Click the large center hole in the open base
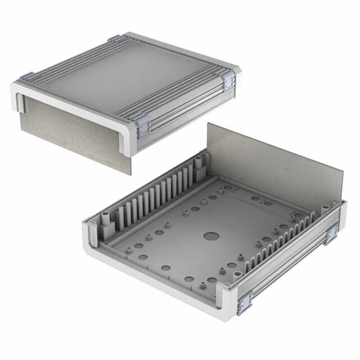click(x=211, y=237)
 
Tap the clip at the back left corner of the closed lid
click(x=116, y=39)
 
